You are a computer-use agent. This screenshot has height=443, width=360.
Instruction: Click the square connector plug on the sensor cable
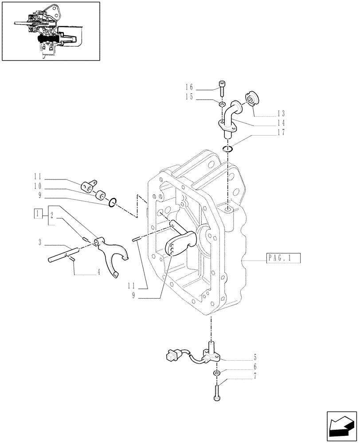(169, 356)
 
